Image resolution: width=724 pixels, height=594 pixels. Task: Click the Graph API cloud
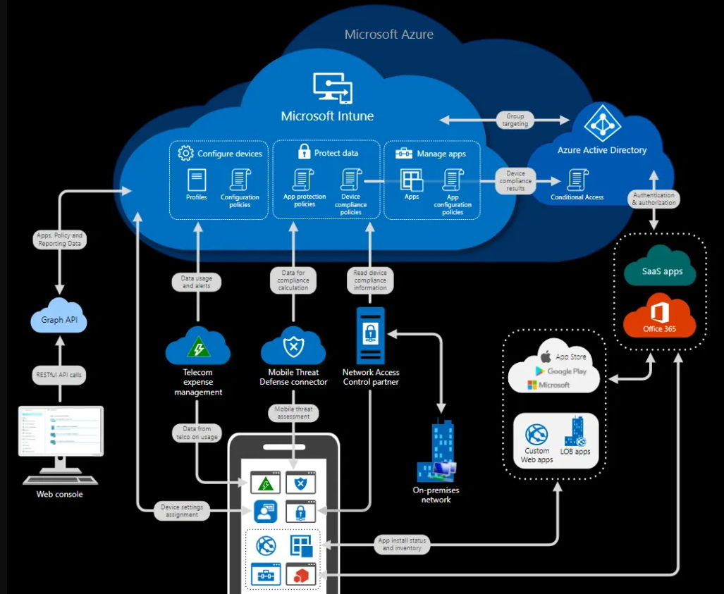tap(59, 319)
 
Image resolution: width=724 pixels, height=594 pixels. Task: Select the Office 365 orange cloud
tap(659, 318)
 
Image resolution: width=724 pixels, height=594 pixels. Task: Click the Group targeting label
tap(515, 120)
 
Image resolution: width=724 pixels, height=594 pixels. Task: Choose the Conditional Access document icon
tap(577, 180)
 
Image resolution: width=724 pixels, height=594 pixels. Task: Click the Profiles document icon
tap(197, 180)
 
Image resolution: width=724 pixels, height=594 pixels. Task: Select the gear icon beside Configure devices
tap(185, 153)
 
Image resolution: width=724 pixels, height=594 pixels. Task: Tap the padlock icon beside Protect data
tap(304, 151)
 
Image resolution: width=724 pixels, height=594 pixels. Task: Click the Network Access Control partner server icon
tap(370, 335)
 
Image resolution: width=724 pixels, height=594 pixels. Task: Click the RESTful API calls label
tap(59, 375)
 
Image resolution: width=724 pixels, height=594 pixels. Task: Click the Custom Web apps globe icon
tap(537, 433)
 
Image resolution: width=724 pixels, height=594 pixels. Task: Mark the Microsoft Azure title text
tap(388, 34)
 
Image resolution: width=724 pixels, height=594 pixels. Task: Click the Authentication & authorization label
tap(654, 199)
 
